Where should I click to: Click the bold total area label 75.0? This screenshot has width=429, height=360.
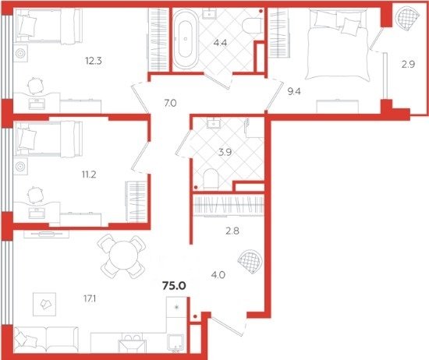[x=174, y=286]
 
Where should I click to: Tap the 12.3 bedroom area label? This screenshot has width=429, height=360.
[x=94, y=61]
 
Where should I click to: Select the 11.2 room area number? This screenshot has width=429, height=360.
[x=89, y=174]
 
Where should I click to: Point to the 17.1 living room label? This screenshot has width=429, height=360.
[x=90, y=298]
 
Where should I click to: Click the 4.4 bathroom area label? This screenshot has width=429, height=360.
[x=220, y=43]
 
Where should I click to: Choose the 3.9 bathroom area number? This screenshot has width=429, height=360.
[x=225, y=152]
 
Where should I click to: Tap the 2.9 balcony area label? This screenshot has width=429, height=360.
[x=408, y=64]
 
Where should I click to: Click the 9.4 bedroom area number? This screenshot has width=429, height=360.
[x=294, y=91]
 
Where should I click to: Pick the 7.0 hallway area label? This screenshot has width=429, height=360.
[x=170, y=103]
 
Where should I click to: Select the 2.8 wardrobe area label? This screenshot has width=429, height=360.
[x=232, y=231]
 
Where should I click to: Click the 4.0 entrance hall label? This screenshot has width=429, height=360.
[x=218, y=274]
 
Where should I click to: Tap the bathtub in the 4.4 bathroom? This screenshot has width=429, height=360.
[x=186, y=38]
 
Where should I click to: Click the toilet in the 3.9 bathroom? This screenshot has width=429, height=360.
[x=211, y=178]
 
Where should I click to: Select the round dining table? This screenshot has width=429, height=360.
[x=123, y=256]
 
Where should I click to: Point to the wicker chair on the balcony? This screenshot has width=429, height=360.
[x=408, y=17]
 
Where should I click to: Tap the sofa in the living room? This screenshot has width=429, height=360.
[x=47, y=339]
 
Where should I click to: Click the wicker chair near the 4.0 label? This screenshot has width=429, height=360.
[x=250, y=262]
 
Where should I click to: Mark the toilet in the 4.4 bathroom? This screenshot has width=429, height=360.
[x=253, y=26]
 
